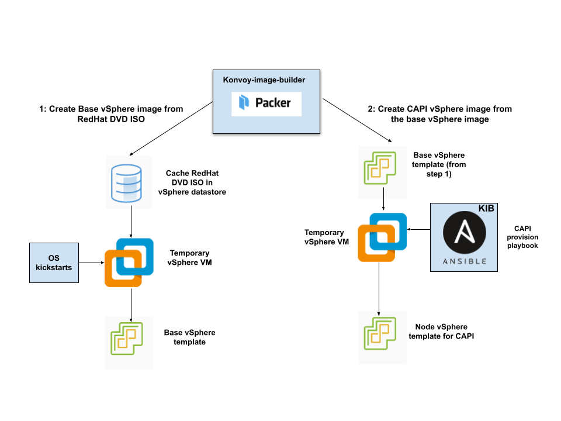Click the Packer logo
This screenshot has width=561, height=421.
(x=266, y=104)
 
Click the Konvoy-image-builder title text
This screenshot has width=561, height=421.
(x=264, y=79)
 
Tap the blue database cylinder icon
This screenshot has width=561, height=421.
(x=129, y=182)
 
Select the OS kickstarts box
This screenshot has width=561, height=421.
(x=54, y=263)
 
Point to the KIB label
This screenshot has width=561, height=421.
(x=486, y=209)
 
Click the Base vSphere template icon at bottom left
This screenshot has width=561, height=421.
(x=129, y=342)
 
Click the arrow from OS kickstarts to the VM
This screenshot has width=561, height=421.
(x=92, y=263)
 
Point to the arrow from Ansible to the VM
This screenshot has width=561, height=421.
(x=418, y=230)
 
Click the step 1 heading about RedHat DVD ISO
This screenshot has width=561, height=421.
(x=111, y=114)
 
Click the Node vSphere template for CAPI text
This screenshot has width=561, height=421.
(x=441, y=332)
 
